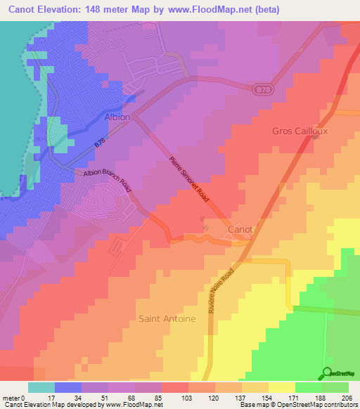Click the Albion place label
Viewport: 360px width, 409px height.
coord(117,117)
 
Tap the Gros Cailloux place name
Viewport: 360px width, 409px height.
coord(300,131)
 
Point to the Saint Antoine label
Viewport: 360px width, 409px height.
coord(167,318)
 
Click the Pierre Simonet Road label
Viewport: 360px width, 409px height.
coord(190,181)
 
